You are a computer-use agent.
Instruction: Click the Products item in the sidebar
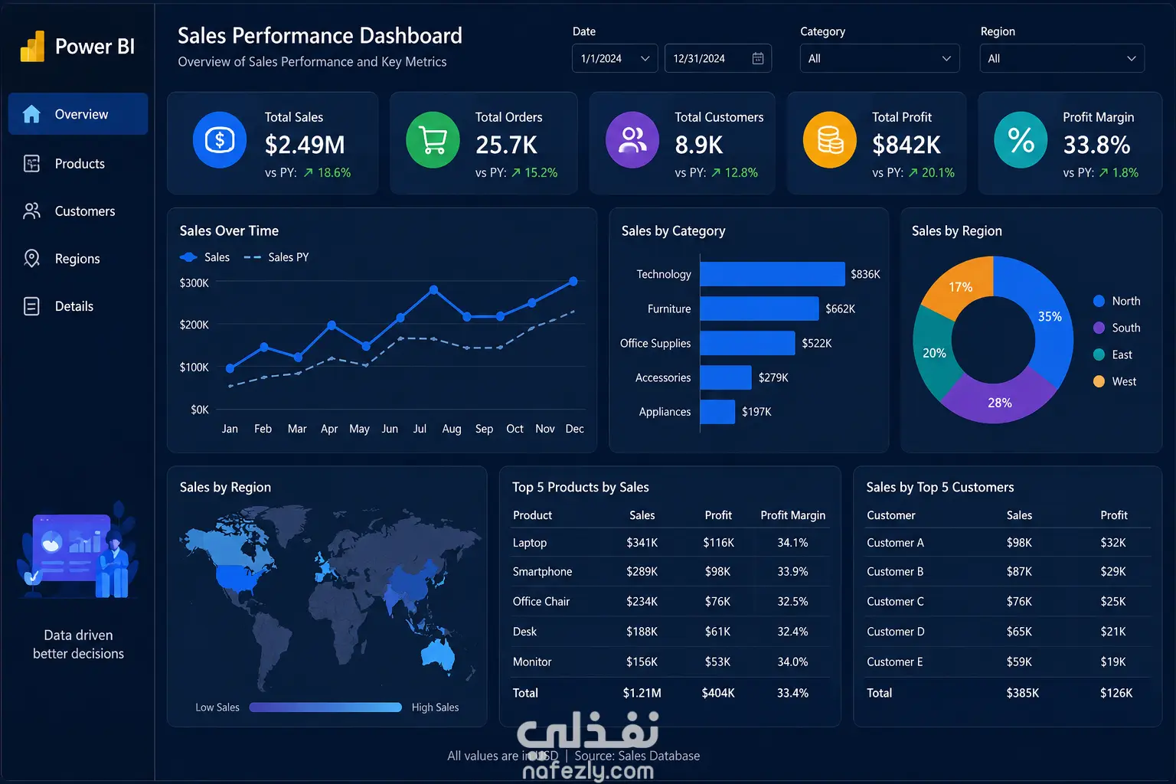(79, 163)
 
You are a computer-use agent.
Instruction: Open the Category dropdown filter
(880, 58)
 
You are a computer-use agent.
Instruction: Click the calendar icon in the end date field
(757, 58)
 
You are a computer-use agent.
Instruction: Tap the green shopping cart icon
(433, 139)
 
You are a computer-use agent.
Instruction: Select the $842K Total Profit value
(906, 145)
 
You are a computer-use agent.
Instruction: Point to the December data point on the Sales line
(573, 282)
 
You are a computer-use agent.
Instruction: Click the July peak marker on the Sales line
(433, 289)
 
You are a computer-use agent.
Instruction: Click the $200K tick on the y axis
(194, 325)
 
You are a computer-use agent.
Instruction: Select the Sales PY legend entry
(276, 257)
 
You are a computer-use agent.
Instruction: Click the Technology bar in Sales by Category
(773, 274)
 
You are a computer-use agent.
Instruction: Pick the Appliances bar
(717, 412)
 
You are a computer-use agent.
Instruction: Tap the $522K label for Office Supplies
(816, 344)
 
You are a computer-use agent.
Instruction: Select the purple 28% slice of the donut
(999, 402)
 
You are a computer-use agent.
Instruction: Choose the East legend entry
(1116, 354)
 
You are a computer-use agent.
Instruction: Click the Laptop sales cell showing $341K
(642, 543)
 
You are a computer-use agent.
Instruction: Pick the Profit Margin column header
(792, 515)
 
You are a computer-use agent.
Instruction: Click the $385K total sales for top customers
(1022, 693)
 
